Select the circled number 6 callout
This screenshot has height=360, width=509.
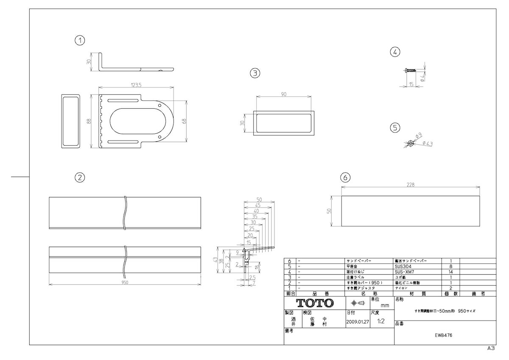tap(346, 176)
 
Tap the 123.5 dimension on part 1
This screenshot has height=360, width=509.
tap(136, 85)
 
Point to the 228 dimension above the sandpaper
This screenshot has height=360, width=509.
tap(410, 185)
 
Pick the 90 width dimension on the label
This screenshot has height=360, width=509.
tap(284, 95)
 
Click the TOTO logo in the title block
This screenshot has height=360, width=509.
tap(315, 303)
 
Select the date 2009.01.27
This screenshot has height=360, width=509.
tap(358, 322)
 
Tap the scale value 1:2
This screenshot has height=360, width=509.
tap(380, 321)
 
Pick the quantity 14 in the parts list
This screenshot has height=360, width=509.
tap(451, 272)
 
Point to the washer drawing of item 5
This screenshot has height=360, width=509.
tap(411, 143)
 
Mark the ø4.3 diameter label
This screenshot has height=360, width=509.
tap(427, 144)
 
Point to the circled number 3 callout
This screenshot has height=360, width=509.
tap(255, 73)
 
